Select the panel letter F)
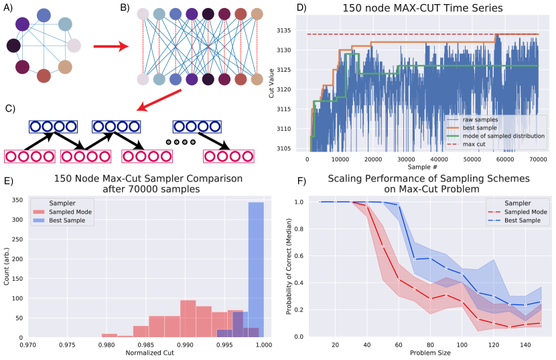301,180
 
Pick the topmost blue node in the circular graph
44,15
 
